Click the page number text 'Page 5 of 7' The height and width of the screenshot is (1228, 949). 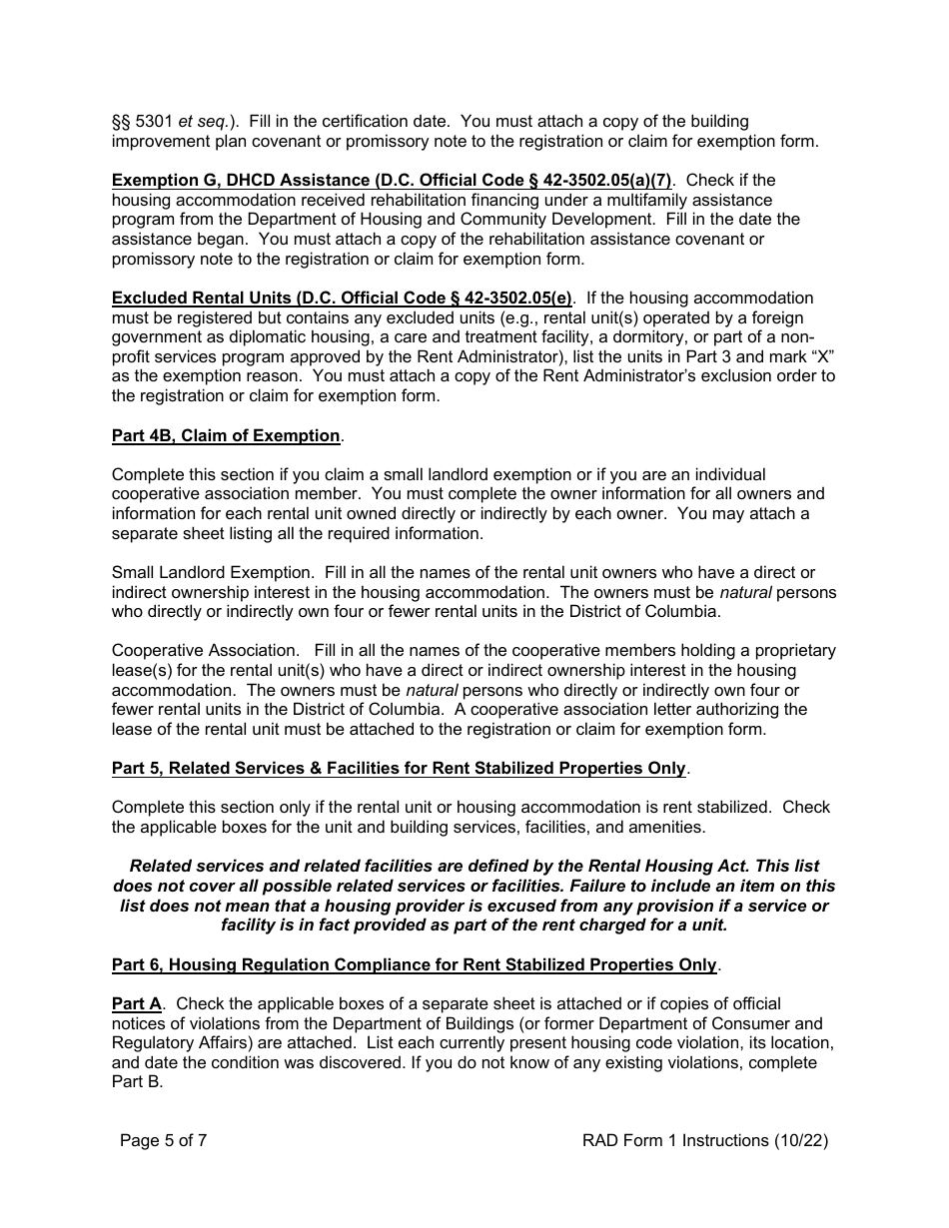[163, 1140]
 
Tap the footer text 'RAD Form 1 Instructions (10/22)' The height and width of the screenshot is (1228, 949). [704, 1140]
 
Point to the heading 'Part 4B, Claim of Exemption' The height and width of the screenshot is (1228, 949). [226, 435]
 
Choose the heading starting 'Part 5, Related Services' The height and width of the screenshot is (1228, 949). [399, 768]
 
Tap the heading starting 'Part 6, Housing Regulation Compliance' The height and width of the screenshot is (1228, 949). [414, 964]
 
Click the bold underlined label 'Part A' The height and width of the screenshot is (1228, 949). [136, 1003]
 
